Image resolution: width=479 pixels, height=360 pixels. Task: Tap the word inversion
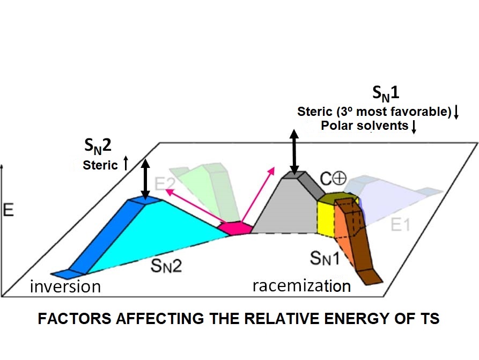click(65, 286)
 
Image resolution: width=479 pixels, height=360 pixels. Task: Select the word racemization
click(301, 285)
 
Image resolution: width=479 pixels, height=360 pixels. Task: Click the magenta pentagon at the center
click(235, 228)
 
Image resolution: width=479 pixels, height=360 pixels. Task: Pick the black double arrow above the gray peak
click(293, 150)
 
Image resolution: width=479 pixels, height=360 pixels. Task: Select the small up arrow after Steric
click(125, 163)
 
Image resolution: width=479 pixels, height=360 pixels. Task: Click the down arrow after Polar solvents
click(414, 128)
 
